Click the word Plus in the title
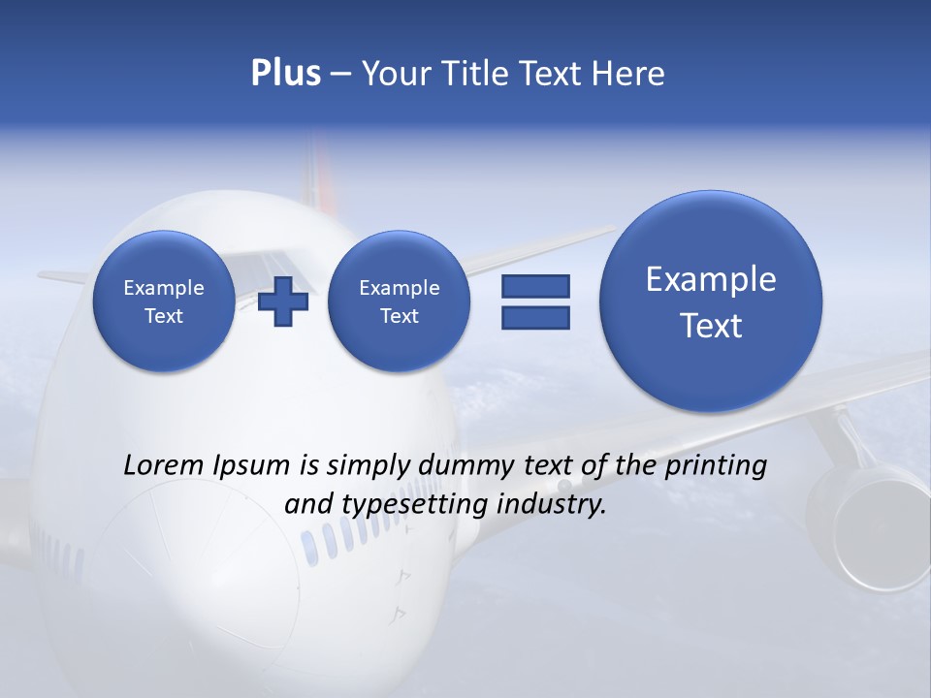[285, 74]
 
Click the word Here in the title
[626, 74]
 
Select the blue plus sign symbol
[283, 301]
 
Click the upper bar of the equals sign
[535, 286]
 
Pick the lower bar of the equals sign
[535, 318]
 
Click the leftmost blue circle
[163, 301]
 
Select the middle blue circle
[399, 301]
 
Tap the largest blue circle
[711, 301]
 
